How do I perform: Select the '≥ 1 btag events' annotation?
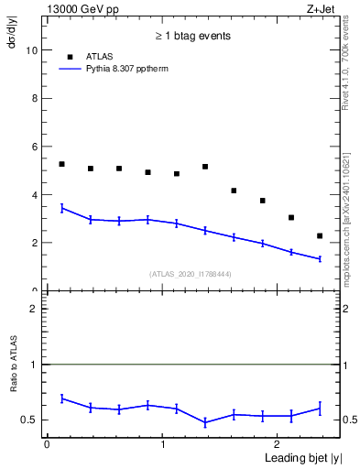192,36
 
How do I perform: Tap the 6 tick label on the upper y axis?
37,147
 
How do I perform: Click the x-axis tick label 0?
47,444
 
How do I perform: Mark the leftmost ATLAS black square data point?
61,164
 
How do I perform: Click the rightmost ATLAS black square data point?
320,235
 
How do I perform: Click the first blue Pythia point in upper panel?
61,208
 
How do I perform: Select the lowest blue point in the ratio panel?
205,422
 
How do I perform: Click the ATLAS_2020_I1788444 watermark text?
190,273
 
